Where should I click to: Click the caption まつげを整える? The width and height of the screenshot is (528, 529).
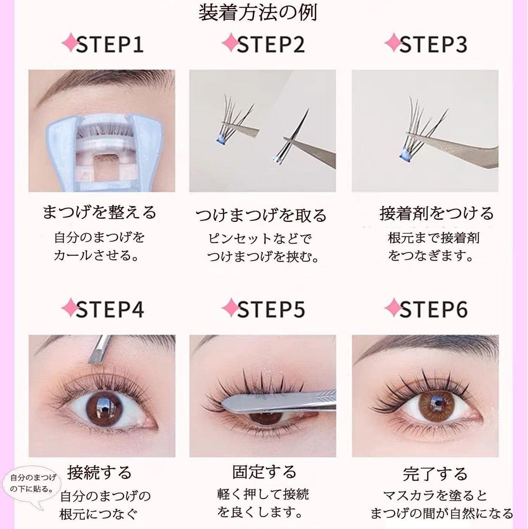click(99, 213)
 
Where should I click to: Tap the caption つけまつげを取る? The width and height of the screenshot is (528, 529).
click(261, 215)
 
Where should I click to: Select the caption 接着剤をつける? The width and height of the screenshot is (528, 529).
click(437, 213)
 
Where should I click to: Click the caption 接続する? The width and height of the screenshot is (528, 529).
click(99, 472)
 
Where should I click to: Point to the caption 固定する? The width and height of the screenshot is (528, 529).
click(264, 472)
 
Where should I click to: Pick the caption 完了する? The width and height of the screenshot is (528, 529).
click(435, 474)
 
